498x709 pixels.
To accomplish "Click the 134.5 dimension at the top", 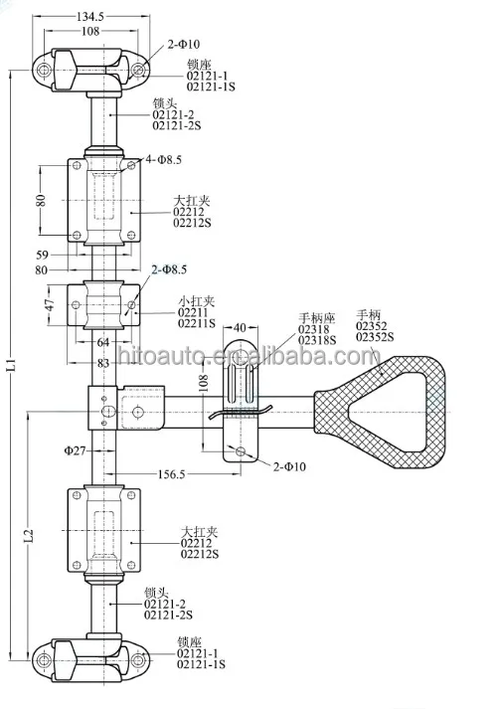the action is (x=89, y=17).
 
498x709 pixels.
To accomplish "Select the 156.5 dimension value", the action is (x=171, y=474).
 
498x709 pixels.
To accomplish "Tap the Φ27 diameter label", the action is (x=75, y=450).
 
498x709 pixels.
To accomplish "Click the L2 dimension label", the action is (x=28, y=536).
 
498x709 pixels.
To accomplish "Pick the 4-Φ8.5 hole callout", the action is (x=163, y=159).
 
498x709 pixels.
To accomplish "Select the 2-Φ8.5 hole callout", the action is (x=169, y=269).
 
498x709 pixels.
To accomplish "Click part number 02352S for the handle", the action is (x=375, y=337).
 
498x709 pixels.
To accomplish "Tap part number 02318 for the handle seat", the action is (x=313, y=329).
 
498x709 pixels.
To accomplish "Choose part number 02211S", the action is (x=197, y=323).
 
